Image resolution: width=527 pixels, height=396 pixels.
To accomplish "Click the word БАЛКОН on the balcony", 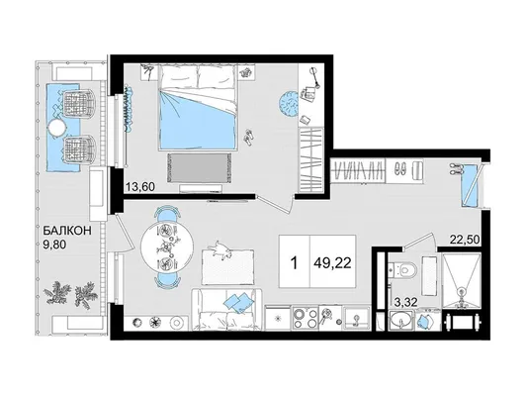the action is (x=68, y=231).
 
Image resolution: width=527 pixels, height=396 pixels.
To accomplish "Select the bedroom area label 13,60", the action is (x=140, y=186).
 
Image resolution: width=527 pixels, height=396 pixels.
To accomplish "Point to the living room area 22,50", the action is (x=465, y=240).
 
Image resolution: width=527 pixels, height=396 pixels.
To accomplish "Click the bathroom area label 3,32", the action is (x=406, y=302).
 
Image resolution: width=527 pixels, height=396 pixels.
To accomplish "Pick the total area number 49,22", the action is (x=333, y=262).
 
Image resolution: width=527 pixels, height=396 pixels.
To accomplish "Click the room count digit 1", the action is (x=294, y=262).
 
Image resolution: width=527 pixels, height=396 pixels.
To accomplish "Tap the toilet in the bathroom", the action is (x=404, y=269).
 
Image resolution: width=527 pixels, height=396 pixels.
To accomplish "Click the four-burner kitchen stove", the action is (x=306, y=318).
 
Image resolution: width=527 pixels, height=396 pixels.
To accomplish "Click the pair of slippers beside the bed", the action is (x=249, y=138).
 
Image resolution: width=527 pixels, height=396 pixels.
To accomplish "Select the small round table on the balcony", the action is (x=57, y=129).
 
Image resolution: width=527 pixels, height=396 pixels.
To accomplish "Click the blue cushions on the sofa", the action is (x=237, y=301).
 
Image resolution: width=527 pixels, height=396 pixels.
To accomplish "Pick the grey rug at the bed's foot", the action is (x=199, y=167).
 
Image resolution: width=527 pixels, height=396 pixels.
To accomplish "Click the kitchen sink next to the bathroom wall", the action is (x=357, y=318).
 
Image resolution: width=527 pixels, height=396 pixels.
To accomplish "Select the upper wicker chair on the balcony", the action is (x=78, y=103).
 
